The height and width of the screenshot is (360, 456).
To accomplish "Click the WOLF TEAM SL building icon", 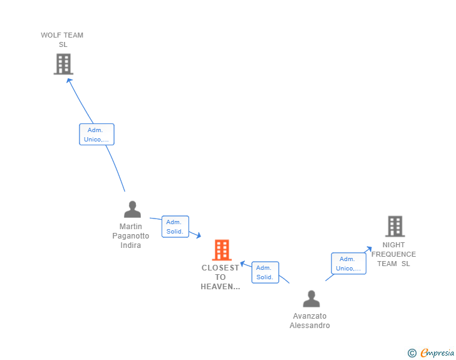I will (x=63, y=64).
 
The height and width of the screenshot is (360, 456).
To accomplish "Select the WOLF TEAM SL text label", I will (x=62, y=39).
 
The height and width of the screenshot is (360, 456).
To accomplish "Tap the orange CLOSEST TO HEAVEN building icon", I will (x=221, y=250).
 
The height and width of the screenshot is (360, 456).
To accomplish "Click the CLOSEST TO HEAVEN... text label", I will (x=220, y=277).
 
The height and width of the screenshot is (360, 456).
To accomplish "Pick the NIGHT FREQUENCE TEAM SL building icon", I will (x=395, y=226).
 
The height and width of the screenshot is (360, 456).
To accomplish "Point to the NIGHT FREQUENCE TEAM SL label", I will (x=393, y=254).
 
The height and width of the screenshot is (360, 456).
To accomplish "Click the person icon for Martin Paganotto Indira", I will (x=132, y=209).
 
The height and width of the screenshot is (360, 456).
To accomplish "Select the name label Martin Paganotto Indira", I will (x=131, y=235).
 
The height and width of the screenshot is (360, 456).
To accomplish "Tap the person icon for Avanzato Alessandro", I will (x=311, y=299).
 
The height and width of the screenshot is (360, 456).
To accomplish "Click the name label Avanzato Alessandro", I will (x=309, y=321).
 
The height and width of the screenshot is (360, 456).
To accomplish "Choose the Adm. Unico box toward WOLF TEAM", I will (x=96, y=135).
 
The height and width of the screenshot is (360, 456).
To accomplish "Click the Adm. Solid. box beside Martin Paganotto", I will (x=175, y=227).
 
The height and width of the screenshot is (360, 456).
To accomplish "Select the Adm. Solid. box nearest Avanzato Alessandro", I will (x=265, y=272).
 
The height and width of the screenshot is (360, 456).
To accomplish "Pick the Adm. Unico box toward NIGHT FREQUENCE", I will (x=348, y=264).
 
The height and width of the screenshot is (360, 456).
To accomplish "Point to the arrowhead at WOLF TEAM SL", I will (x=69, y=80).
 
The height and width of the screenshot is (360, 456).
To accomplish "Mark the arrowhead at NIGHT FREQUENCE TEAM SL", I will (x=369, y=249).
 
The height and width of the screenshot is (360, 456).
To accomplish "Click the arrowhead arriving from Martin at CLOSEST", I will (x=198, y=235).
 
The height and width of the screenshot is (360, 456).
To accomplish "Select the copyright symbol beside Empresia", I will (x=412, y=353).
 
